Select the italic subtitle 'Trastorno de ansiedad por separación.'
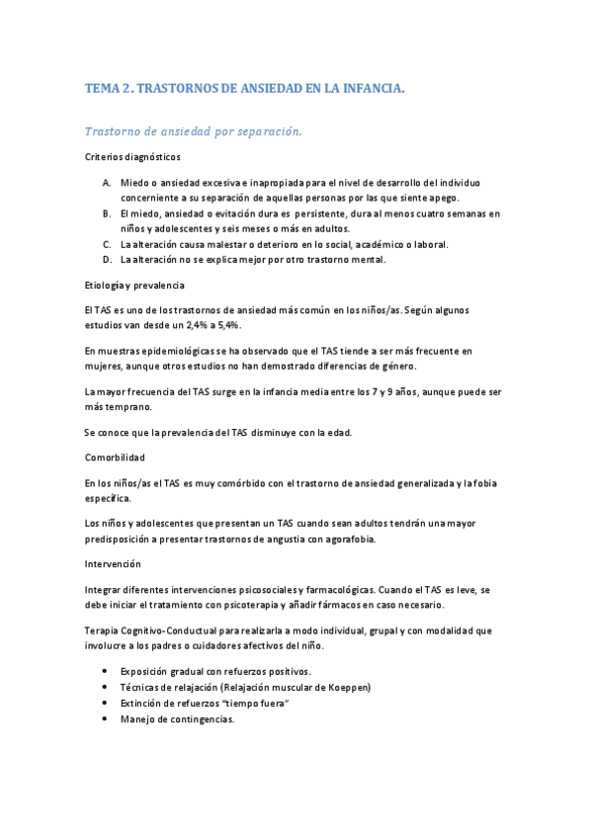(193, 130)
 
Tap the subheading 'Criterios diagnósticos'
(132, 157)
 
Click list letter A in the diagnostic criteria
(106, 183)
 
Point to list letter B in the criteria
(106, 213)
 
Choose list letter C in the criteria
(106, 244)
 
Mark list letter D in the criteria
(106, 260)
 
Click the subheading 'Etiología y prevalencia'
(134, 286)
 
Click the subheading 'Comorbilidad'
(115, 458)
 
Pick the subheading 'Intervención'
(113, 564)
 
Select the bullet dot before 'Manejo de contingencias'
(107, 719)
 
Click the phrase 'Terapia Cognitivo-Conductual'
(150, 629)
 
